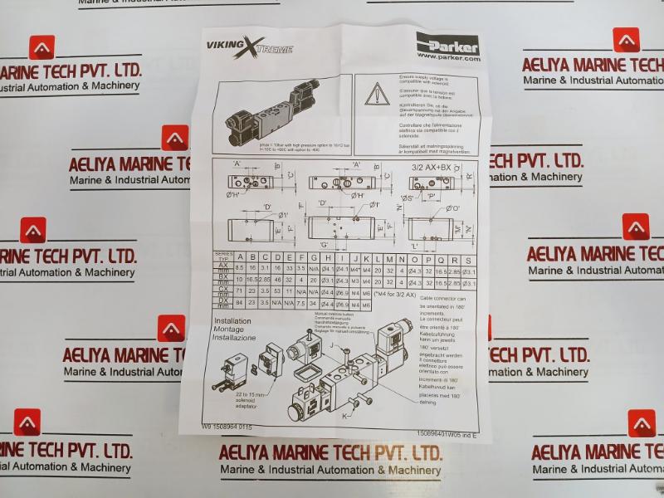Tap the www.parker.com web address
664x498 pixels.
pos(448,58)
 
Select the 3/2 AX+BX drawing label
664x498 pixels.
pos(432,167)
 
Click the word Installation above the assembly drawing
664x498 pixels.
pos(232,320)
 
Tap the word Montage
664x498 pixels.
pos(229,330)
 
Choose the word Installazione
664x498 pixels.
pos(235,339)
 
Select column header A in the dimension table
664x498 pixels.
pos(239,258)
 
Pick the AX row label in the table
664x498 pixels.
pos(222,266)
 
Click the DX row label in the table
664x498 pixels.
pos(222,302)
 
